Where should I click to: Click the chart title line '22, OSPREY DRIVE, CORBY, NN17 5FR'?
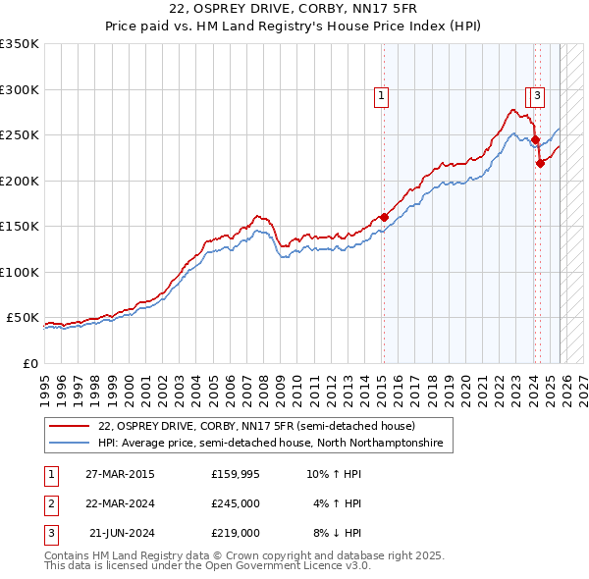coord(294,9)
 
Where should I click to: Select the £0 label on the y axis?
coord(29,363)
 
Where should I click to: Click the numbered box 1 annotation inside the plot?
coord(380,96)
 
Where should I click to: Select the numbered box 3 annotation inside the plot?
coord(539,96)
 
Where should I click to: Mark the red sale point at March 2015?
coord(384,218)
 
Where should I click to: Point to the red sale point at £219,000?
coord(540,164)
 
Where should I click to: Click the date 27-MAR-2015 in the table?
coord(119,474)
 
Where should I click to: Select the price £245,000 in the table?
coord(235,503)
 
